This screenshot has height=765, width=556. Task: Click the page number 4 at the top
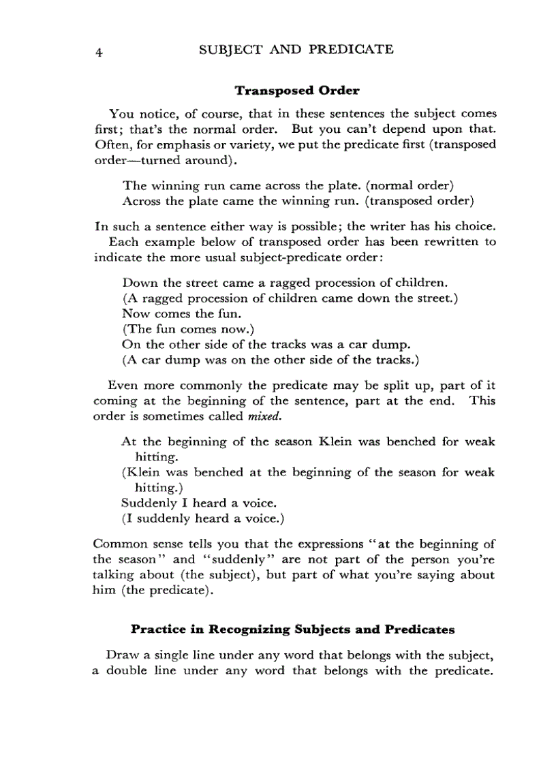tap(99, 52)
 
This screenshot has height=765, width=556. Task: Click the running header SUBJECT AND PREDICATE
tap(295, 49)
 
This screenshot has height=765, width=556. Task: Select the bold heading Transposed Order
tap(296, 90)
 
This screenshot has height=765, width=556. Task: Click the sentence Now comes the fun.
tap(181, 314)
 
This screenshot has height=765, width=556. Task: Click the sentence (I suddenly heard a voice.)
tap(202, 519)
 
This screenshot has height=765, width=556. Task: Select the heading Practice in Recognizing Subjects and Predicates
tap(292, 629)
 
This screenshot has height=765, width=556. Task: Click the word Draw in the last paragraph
tap(122, 655)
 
